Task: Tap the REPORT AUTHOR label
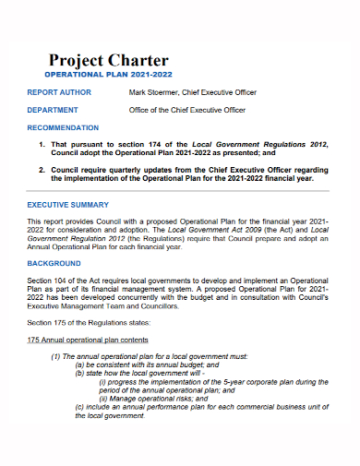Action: click(58, 92)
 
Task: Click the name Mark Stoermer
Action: click(154, 92)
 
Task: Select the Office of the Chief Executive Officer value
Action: click(186, 110)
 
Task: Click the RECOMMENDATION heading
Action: click(63, 127)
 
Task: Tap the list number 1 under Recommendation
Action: click(42, 146)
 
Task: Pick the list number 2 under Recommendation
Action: click(42, 171)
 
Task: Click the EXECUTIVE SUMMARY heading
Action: click(67, 204)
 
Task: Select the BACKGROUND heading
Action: click(54, 263)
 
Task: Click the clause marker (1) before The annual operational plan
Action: click(56, 355)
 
